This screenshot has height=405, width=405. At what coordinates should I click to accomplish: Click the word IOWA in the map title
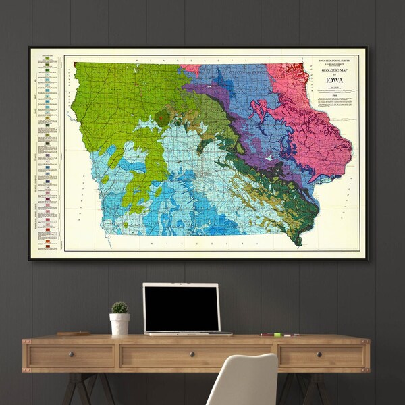click(333, 80)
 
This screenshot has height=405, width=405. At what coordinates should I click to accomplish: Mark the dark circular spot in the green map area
click(162, 117)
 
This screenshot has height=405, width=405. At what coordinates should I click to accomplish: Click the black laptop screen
click(182, 307)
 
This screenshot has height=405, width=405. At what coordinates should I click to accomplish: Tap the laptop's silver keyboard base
click(188, 333)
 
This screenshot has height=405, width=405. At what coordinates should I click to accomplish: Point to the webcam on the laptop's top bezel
click(182, 286)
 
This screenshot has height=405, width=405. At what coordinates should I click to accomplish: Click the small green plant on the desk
click(119, 307)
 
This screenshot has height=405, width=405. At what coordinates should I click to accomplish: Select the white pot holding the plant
click(119, 324)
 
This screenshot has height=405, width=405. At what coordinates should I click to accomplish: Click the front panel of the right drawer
click(323, 355)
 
